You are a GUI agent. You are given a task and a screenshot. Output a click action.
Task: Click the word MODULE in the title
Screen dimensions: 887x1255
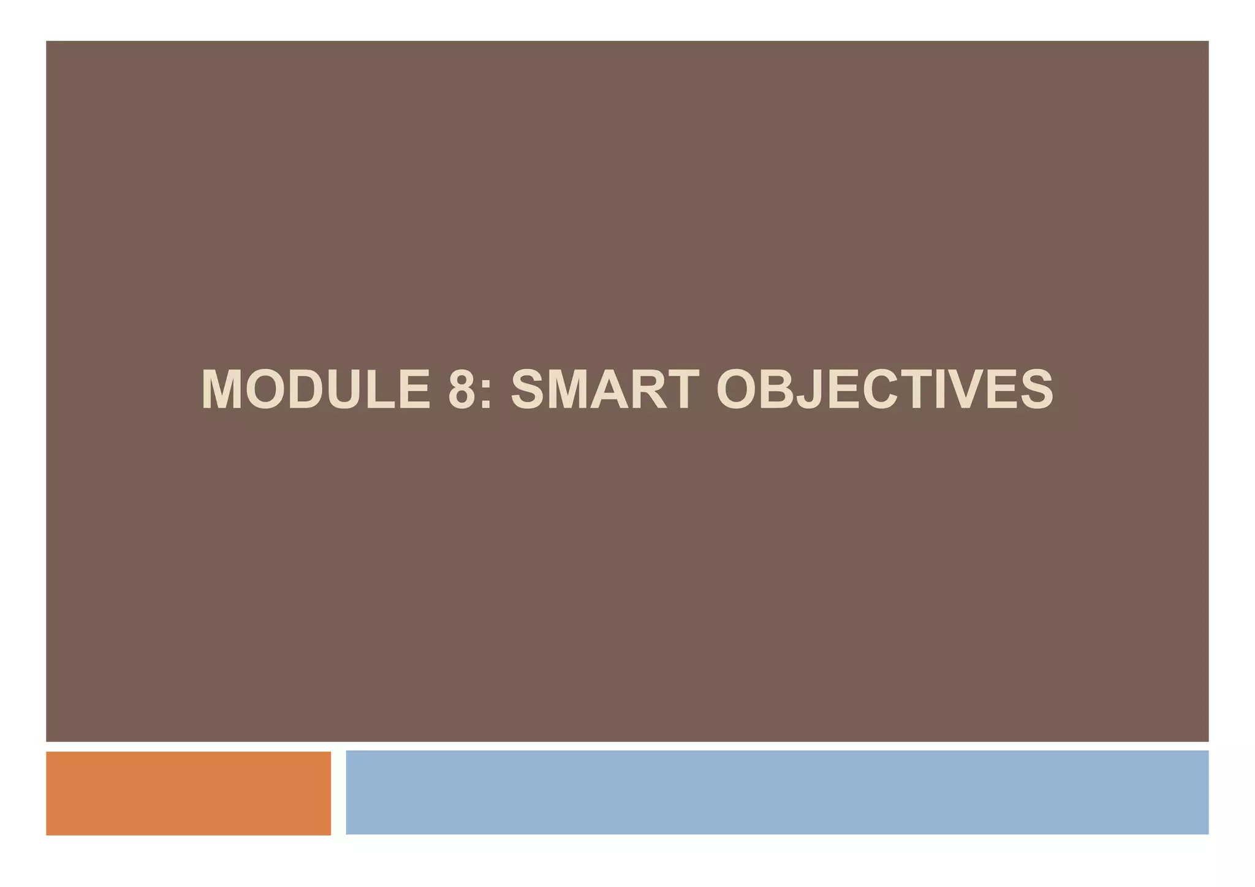click(x=316, y=389)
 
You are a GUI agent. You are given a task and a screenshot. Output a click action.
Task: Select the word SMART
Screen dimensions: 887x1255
click(x=605, y=389)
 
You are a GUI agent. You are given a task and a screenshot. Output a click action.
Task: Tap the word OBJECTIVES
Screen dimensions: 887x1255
click(x=884, y=389)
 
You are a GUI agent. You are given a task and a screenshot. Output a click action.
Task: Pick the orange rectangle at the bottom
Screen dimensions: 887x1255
click(x=188, y=793)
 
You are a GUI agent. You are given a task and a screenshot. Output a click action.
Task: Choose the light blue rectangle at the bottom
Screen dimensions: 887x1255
click(x=776, y=792)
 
